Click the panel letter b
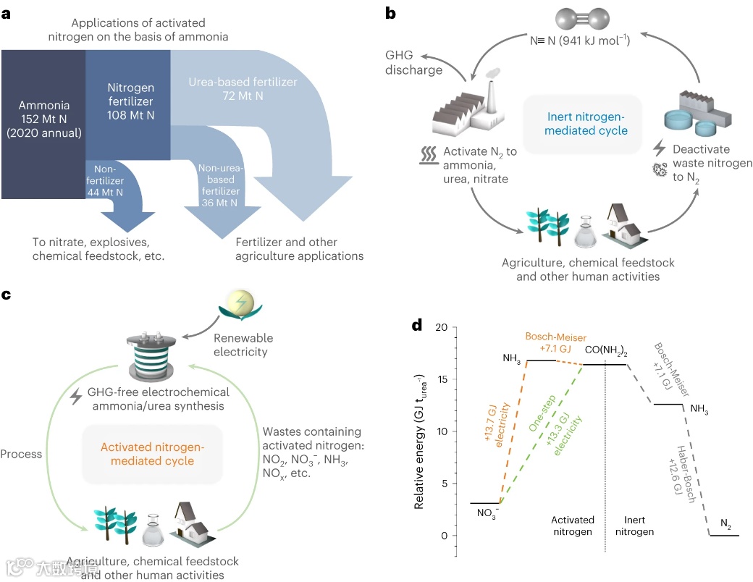tap(390, 13)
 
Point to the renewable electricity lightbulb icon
tap(242, 302)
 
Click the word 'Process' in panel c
tap(22, 454)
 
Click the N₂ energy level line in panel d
tap(724, 536)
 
